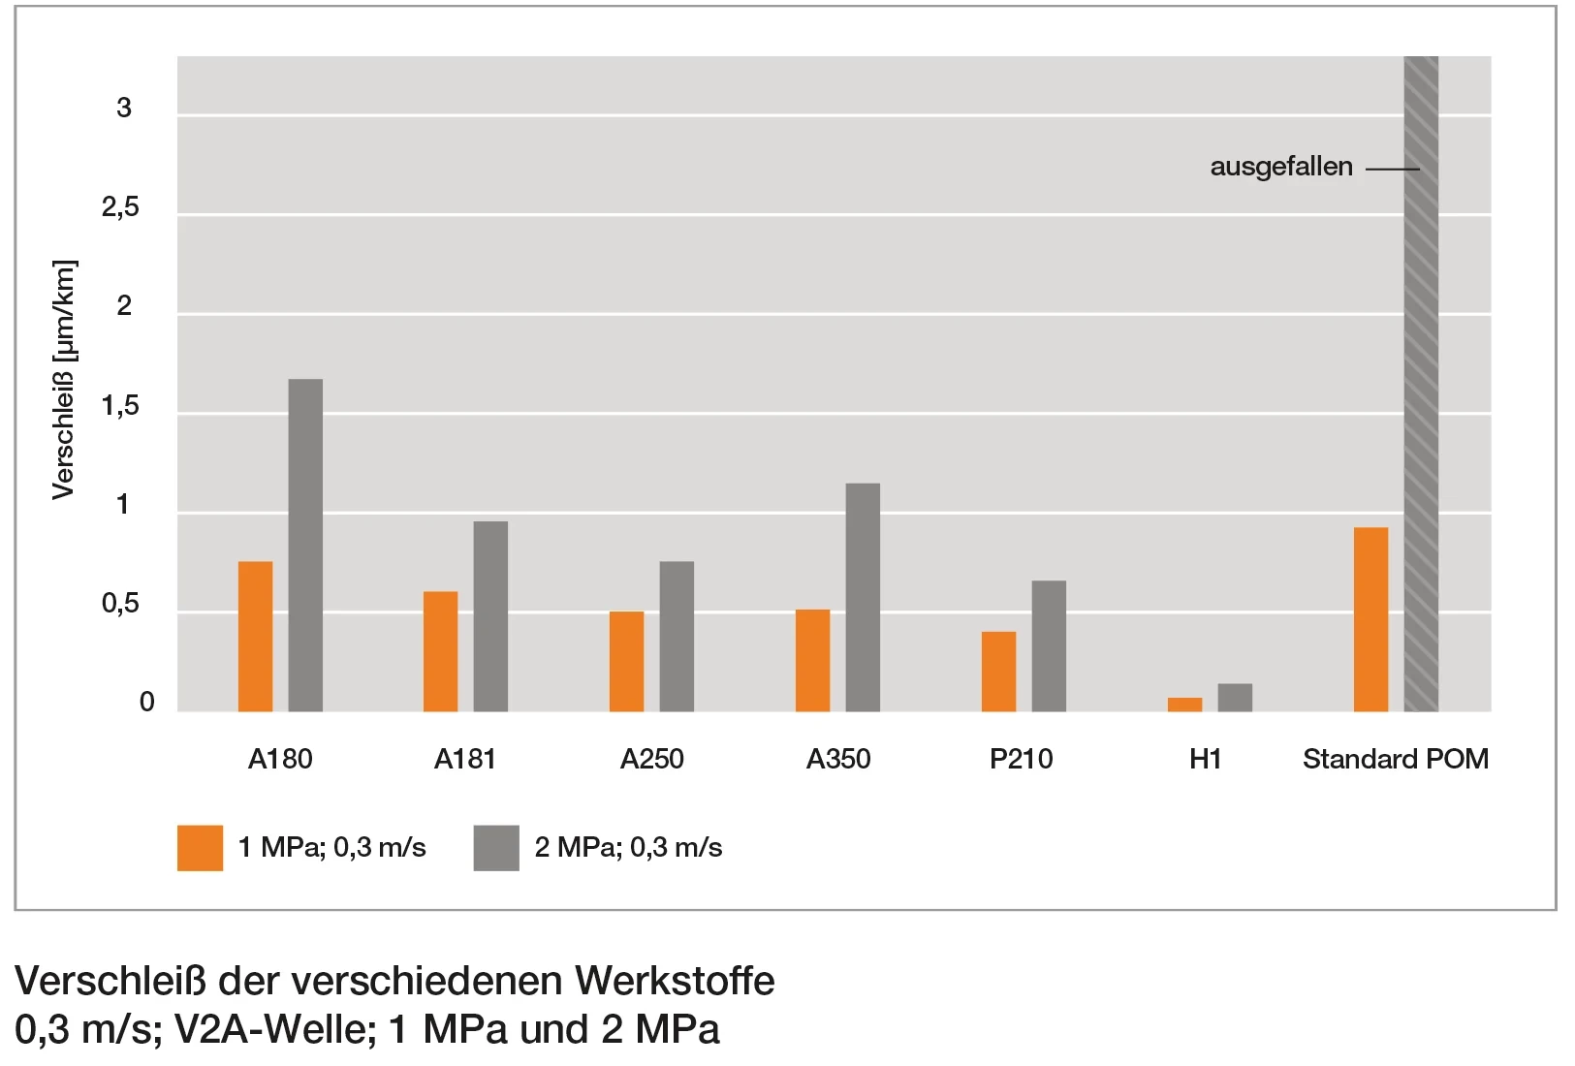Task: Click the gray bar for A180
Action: pyautogui.click(x=305, y=545)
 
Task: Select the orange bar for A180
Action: pyautogui.click(x=255, y=636)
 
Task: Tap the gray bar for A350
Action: pyautogui.click(x=863, y=597)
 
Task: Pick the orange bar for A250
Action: pyautogui.click(x=626, y=661)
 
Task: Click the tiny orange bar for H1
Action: pyautogui.click(x=1184, y=705)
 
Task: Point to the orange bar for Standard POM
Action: pyautogui.click(x=1370, y=619)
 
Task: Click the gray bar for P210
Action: pyautogui.click(x=1049, y=645)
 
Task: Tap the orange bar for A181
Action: pyautogui.click(x=440, y=651)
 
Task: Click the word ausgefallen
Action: pyautogui.click(x=1280, y=167)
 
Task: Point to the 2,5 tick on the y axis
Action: pyautogui.click(x=120, y=207)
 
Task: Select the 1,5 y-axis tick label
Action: pyautogui.click(x=120, y=406)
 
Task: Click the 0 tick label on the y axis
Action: pyautogui.click(x=146, y=702)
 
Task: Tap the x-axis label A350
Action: pyautogui.click(x=837, y=759)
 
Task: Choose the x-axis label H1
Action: pyautogui.click(x=1205, y=759)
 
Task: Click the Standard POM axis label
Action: pyautogui.click(x=1395, y=759)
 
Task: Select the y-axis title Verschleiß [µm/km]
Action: pyautogui.click(x=64, y=380)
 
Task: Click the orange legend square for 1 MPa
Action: pyautogui.click(x=200, y=848)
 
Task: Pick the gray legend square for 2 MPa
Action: pyautogui.click(x=496, y=848)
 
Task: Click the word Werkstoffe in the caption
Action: pyautogui.click(x=675, y=981)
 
